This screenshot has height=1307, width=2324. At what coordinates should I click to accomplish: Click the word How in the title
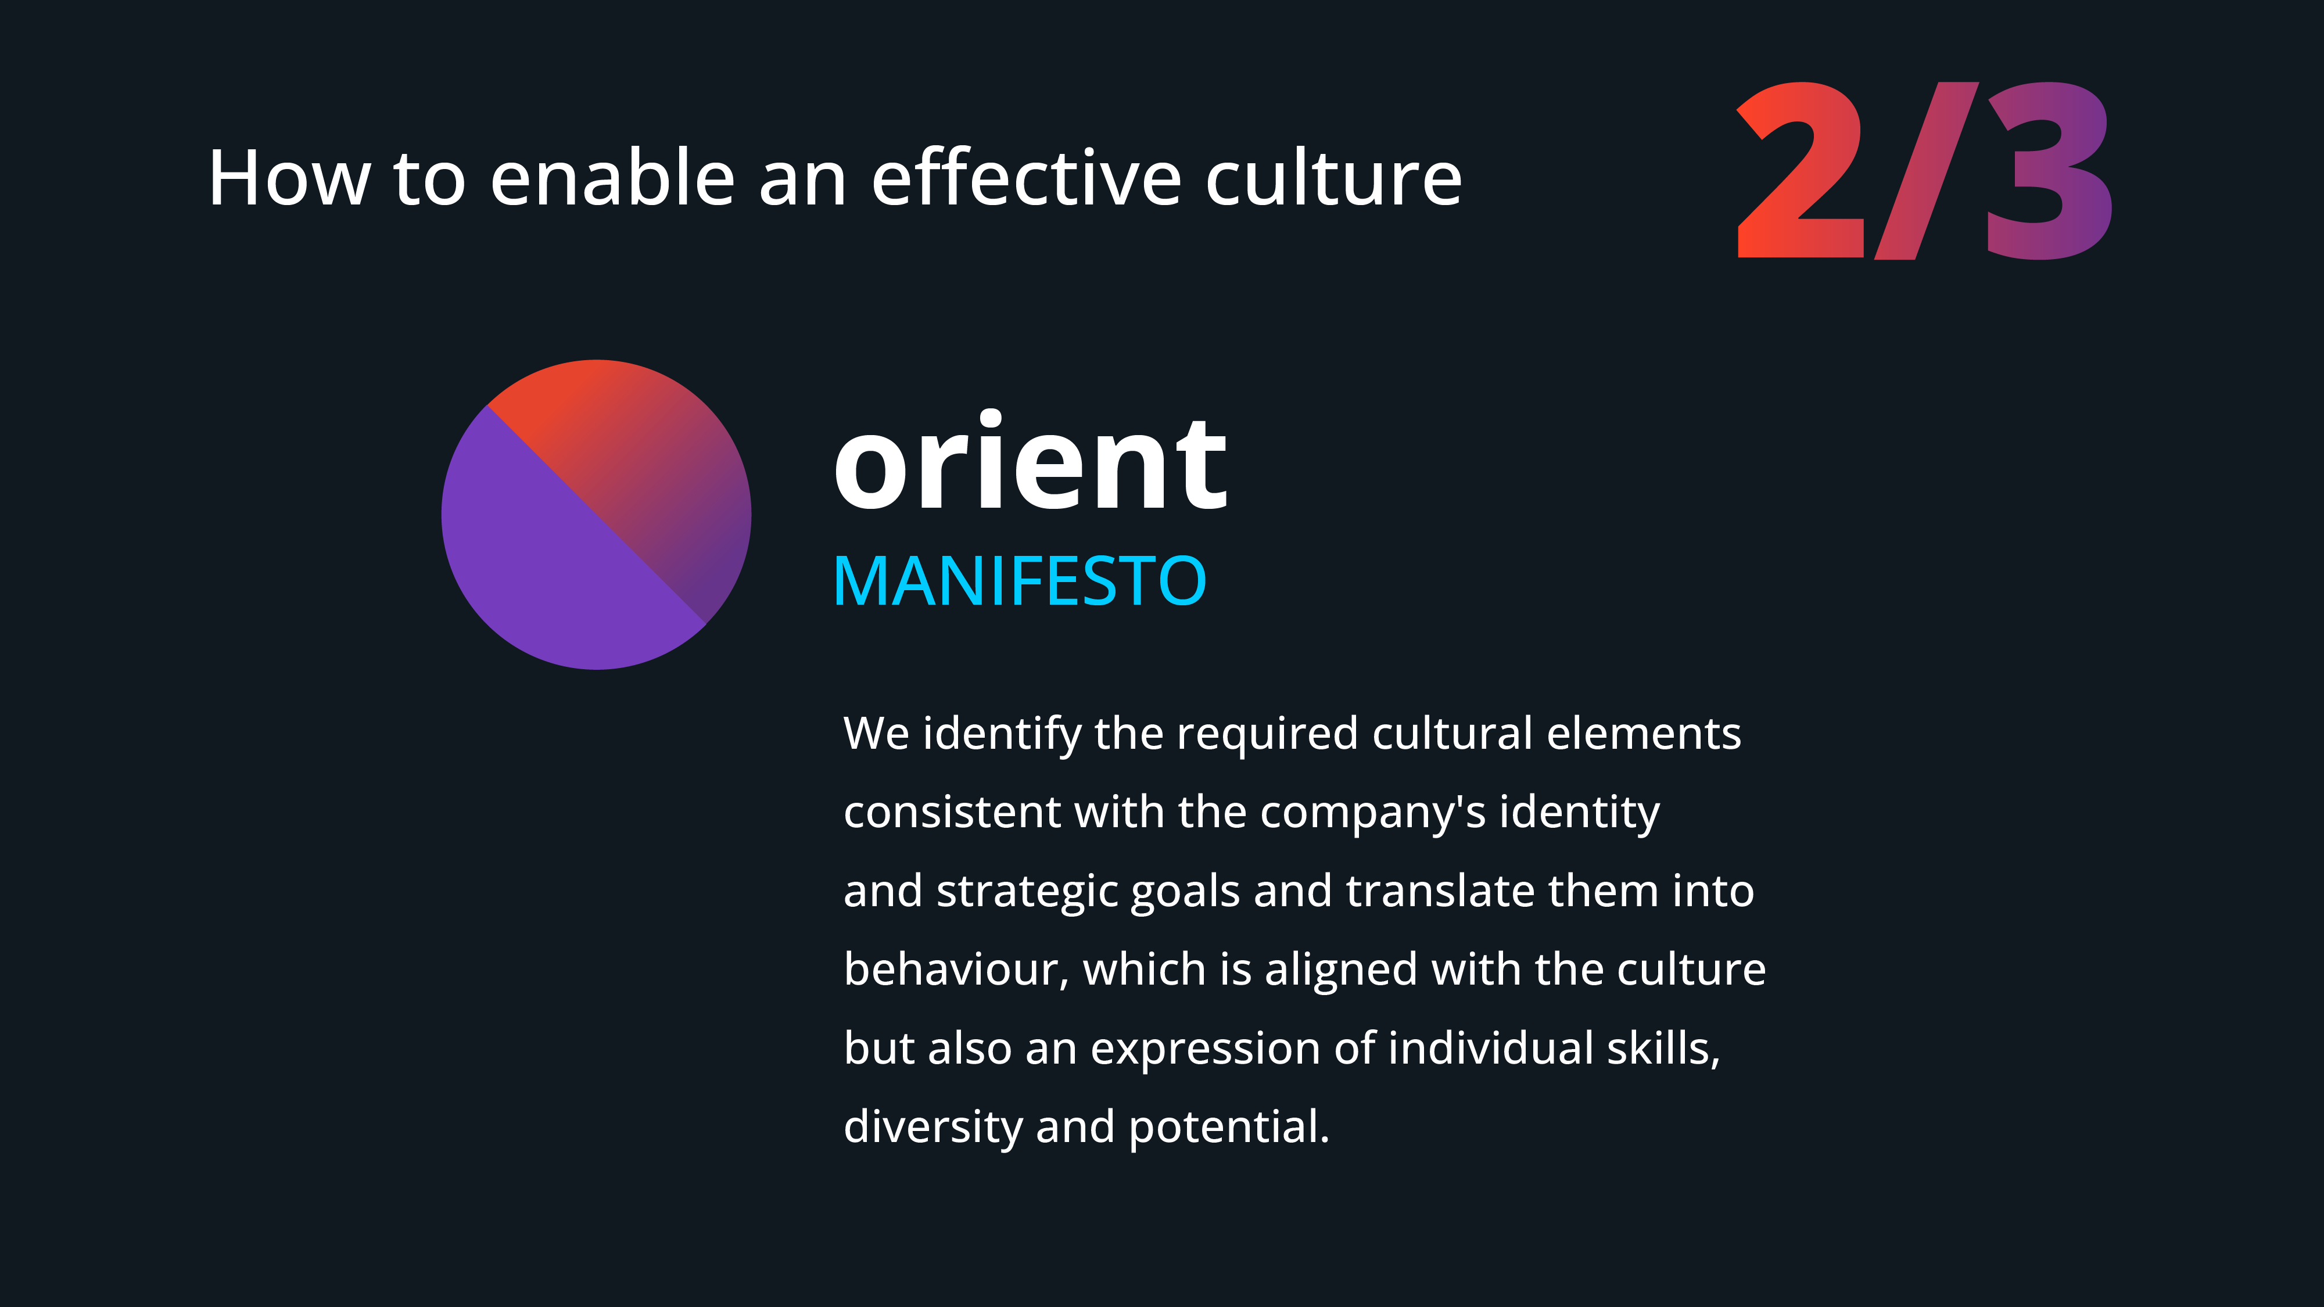coord(289,178)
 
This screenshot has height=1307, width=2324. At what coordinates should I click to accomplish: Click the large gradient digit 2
coord(1800,170)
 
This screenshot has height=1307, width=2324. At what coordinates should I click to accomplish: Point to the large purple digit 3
coord(2049,170)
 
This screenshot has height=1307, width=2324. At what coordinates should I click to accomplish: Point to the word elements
coord(1644,733)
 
